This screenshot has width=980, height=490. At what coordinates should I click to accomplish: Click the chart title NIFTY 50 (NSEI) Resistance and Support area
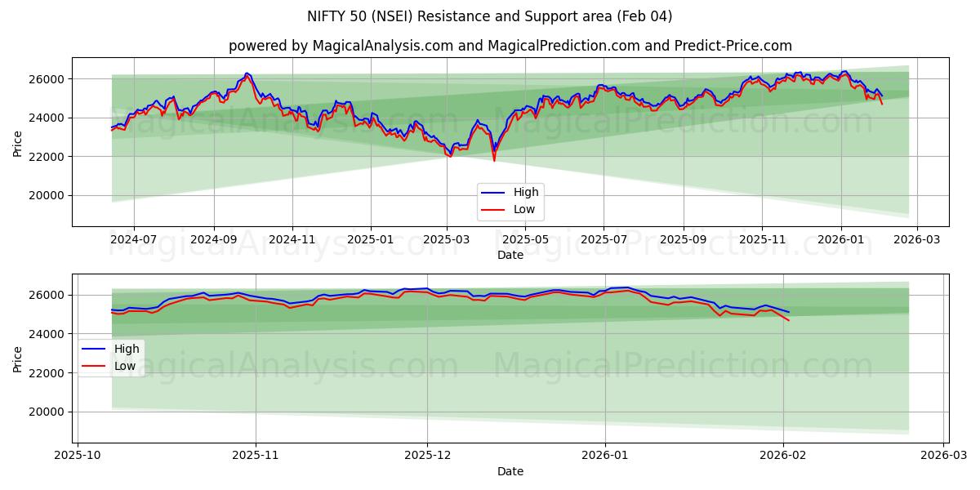coord(490,16)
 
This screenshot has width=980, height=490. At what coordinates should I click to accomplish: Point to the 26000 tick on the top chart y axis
coord(48,79)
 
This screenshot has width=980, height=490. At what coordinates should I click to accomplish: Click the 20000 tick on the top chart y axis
coord(48,195)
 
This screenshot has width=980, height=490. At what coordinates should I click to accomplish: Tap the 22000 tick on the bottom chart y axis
coord(48,373)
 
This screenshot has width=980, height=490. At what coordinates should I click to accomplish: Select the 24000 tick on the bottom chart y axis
coord(48,334)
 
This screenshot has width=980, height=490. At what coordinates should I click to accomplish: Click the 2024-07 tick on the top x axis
coord(133,239)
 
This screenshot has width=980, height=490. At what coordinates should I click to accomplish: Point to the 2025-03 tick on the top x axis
coord(447,239)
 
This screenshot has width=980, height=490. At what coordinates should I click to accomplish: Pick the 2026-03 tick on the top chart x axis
coord(917,239)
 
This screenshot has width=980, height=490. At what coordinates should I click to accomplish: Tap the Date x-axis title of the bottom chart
coord(510,471)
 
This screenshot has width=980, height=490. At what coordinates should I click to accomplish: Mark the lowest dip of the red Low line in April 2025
coord(494,160)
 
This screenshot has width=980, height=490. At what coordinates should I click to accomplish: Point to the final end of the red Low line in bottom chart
coord(789,320)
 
